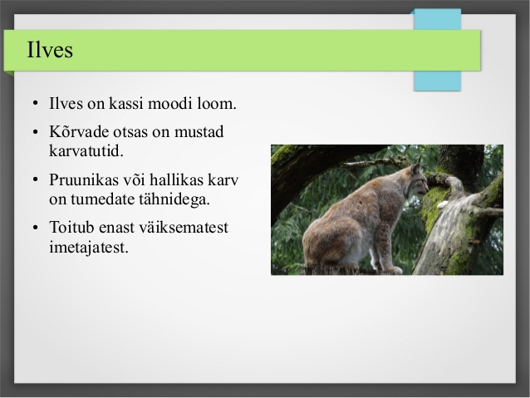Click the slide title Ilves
pos(50,50)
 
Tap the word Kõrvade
pos(79,131)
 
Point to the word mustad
pos(199,131)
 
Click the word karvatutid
pos(86,151)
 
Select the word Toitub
pos(71,227)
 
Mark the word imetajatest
pos(89,247)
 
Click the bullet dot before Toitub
pos(36,228)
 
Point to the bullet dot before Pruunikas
pos(36,180)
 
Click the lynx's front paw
pos(394,270)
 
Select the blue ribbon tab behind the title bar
pos(438,50)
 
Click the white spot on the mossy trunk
pos(443,204)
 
